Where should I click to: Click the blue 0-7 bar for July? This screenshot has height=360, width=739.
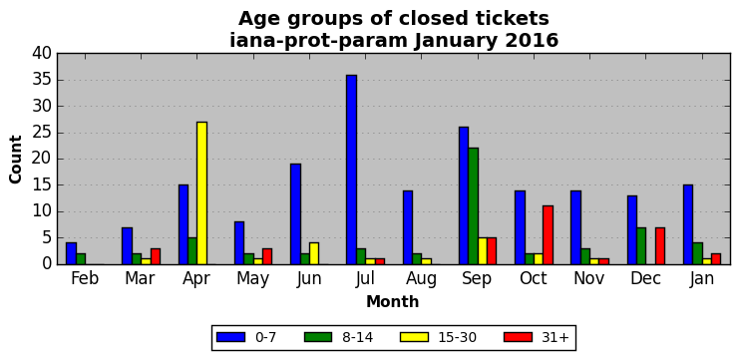tap(352, 170)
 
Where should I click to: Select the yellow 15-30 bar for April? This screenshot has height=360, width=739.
tap(201, 193)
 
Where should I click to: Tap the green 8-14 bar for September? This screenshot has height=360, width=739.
tap(473, 206)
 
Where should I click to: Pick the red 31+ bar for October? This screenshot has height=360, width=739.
tap(548, 235)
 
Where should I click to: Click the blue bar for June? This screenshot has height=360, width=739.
tap(295, 214)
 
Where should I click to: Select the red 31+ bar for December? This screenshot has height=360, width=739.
tap(660, 246)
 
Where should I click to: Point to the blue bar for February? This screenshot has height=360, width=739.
tap(71, 253)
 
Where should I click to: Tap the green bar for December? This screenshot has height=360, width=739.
tap(641, 246)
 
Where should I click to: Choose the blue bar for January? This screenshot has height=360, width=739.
tap(688, 224)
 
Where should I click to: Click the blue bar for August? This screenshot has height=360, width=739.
tap(408, 227)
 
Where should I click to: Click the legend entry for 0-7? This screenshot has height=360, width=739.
tap(246, 337)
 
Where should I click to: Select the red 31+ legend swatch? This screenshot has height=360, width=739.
tap(518, 337)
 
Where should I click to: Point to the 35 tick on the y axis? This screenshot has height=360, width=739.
tap(44, 80)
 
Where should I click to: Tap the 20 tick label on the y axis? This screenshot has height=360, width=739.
tap(44, 160)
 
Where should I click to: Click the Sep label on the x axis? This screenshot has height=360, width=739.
tap(478, 279)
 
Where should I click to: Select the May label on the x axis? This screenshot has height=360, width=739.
tap(253, 279)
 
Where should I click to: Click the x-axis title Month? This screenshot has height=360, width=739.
tap(393, 301)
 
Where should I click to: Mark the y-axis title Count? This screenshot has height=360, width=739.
tap(16, 160)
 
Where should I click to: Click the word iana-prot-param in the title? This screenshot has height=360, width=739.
tap(318, 41)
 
